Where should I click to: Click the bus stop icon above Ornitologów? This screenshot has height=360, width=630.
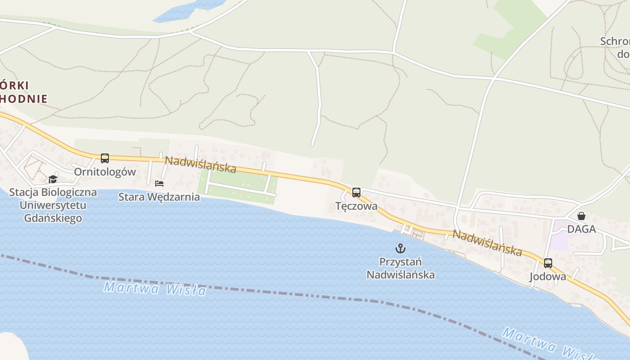click(105, 158)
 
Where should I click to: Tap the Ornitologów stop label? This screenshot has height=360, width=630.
click(105, 172)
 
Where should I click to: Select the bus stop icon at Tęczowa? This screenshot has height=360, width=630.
click(356, 193)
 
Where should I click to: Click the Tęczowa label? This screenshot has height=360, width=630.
click(356, 206)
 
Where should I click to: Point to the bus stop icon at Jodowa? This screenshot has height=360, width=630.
click(548, 263)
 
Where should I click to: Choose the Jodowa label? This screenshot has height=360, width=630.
click(548, 276)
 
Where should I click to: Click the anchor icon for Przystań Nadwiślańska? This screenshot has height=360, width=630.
click(400, 248)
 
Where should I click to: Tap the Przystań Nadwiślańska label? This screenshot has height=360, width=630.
click(400, 268)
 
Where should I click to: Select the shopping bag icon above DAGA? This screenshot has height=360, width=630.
click(581, 216)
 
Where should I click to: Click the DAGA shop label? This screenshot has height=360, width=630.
click(581, 229)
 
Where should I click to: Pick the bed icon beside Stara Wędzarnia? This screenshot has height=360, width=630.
click(159, 183)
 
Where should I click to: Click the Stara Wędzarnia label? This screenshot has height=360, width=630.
click(159, 197)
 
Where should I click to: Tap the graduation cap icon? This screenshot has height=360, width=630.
click(53, 179)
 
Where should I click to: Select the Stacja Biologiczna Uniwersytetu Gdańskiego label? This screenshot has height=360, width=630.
click(53, 205)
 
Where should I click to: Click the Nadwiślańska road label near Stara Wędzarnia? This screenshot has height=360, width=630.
click(200, 164)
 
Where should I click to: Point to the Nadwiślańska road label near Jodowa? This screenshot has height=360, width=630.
click(487, 243)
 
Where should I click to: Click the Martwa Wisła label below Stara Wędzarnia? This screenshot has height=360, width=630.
click(155, 288)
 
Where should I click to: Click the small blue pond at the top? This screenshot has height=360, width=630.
click(189, 10)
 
